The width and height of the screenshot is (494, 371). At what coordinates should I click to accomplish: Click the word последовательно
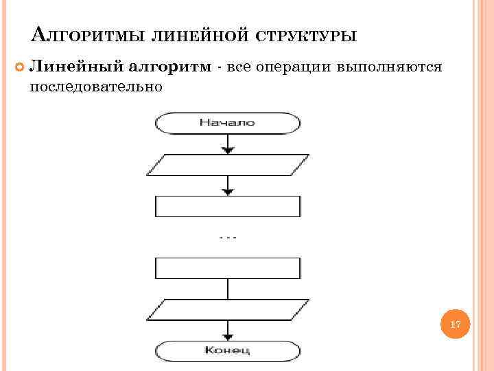[x=95, y=87]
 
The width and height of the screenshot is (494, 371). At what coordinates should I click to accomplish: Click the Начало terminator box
[x=228, y=123]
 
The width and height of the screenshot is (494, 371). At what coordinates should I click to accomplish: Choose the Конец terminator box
[x=228, y=351]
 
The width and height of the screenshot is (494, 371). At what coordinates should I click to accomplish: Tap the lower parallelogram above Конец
[x=228, y=310]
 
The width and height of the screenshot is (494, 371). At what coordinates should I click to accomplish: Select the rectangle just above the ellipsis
[x=228, y=206]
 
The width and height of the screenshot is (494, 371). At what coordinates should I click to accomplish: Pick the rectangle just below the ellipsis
[x=228, y=268]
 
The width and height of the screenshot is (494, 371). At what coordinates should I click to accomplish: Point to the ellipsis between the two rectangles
[x=228, y=238]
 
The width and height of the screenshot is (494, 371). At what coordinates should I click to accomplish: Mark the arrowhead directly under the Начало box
[x=228, y=149]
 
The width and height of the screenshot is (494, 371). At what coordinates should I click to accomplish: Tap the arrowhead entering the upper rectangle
[x=228, y=191]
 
